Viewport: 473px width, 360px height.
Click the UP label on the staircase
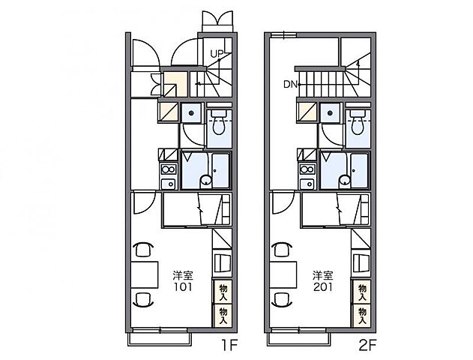217,54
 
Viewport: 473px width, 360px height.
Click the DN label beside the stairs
290,85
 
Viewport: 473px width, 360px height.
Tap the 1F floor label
230,346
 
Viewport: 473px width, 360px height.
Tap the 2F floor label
367,346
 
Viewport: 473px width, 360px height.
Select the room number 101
183,286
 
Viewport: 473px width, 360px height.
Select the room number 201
323,286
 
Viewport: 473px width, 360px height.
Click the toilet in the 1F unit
219,122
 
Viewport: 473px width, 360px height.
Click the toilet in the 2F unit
358,122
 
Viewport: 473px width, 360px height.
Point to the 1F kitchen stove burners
169,169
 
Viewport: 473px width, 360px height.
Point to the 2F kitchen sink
307,184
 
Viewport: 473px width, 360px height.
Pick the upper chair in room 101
143,249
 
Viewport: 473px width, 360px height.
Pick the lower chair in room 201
282,300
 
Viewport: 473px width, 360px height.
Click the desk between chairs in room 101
145,275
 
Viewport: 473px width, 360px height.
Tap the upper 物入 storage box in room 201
362,292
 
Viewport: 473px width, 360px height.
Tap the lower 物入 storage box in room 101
223,316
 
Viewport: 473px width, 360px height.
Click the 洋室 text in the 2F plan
323,275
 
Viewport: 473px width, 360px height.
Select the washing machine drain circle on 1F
191,113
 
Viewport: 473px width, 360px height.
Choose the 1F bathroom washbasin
206,181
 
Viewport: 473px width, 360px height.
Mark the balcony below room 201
298,339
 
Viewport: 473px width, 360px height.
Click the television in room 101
223,263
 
